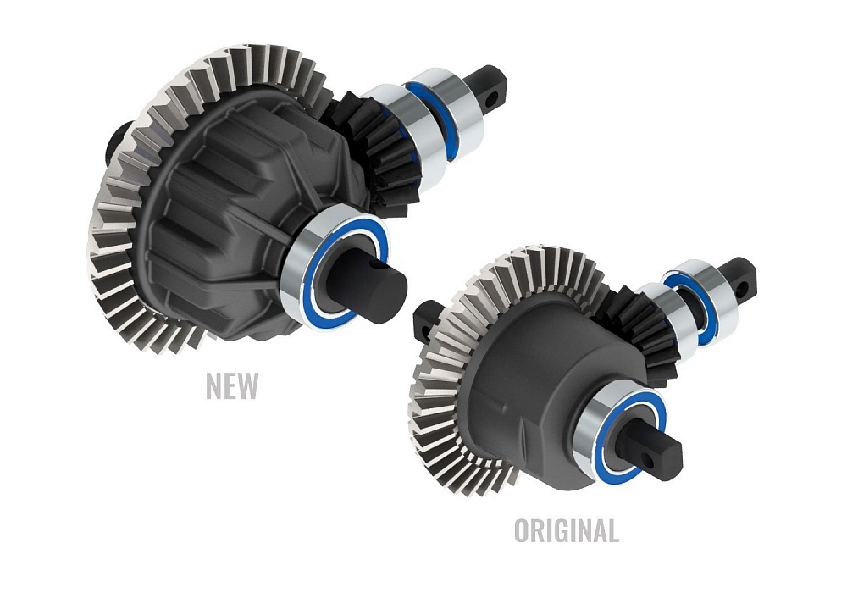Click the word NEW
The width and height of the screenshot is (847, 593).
point(231,385)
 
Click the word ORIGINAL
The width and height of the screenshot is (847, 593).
point(566,530)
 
